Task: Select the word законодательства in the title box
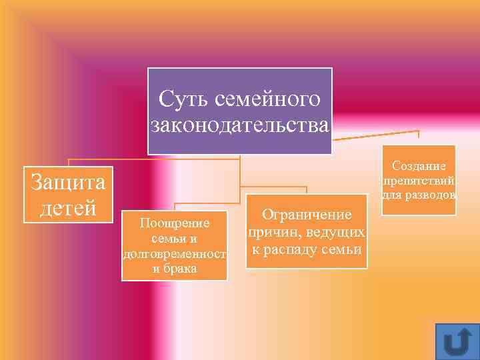[x=240, y=125]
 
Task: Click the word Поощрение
[x=175, y=223]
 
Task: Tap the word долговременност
[x=175, y=253]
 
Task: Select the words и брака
[x=175, y=269]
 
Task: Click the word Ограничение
[x=307, y=215]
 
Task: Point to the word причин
[x=272, y=232]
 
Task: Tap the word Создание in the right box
[x=419, y=165]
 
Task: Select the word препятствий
[x=419, y=180]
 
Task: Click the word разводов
[x=431, y=195]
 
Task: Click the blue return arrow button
[x=457, y=341]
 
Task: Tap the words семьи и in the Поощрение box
[x=175, y=238]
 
